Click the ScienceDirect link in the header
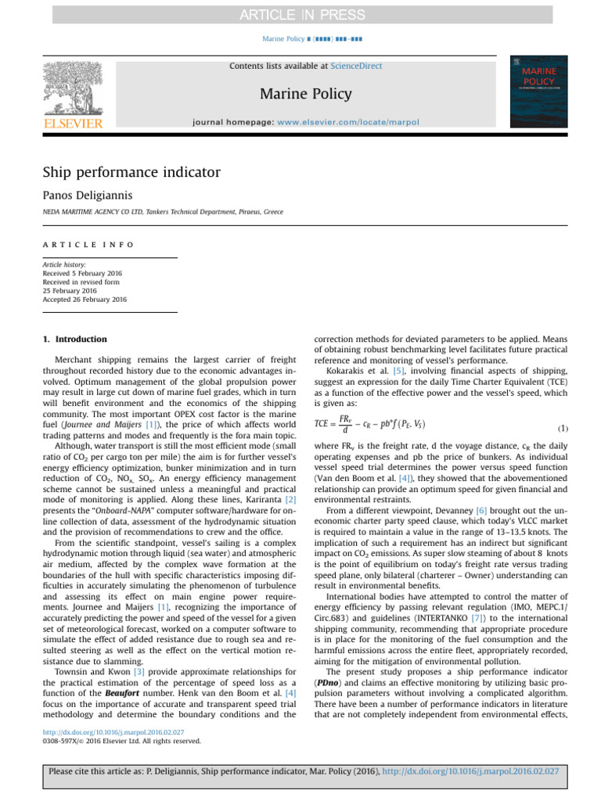356,66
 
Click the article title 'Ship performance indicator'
131,172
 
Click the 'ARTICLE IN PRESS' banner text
300,15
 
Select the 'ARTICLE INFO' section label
88,244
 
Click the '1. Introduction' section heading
75,339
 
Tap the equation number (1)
562,429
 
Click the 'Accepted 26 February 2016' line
85,299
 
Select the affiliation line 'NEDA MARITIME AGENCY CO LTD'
163,212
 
